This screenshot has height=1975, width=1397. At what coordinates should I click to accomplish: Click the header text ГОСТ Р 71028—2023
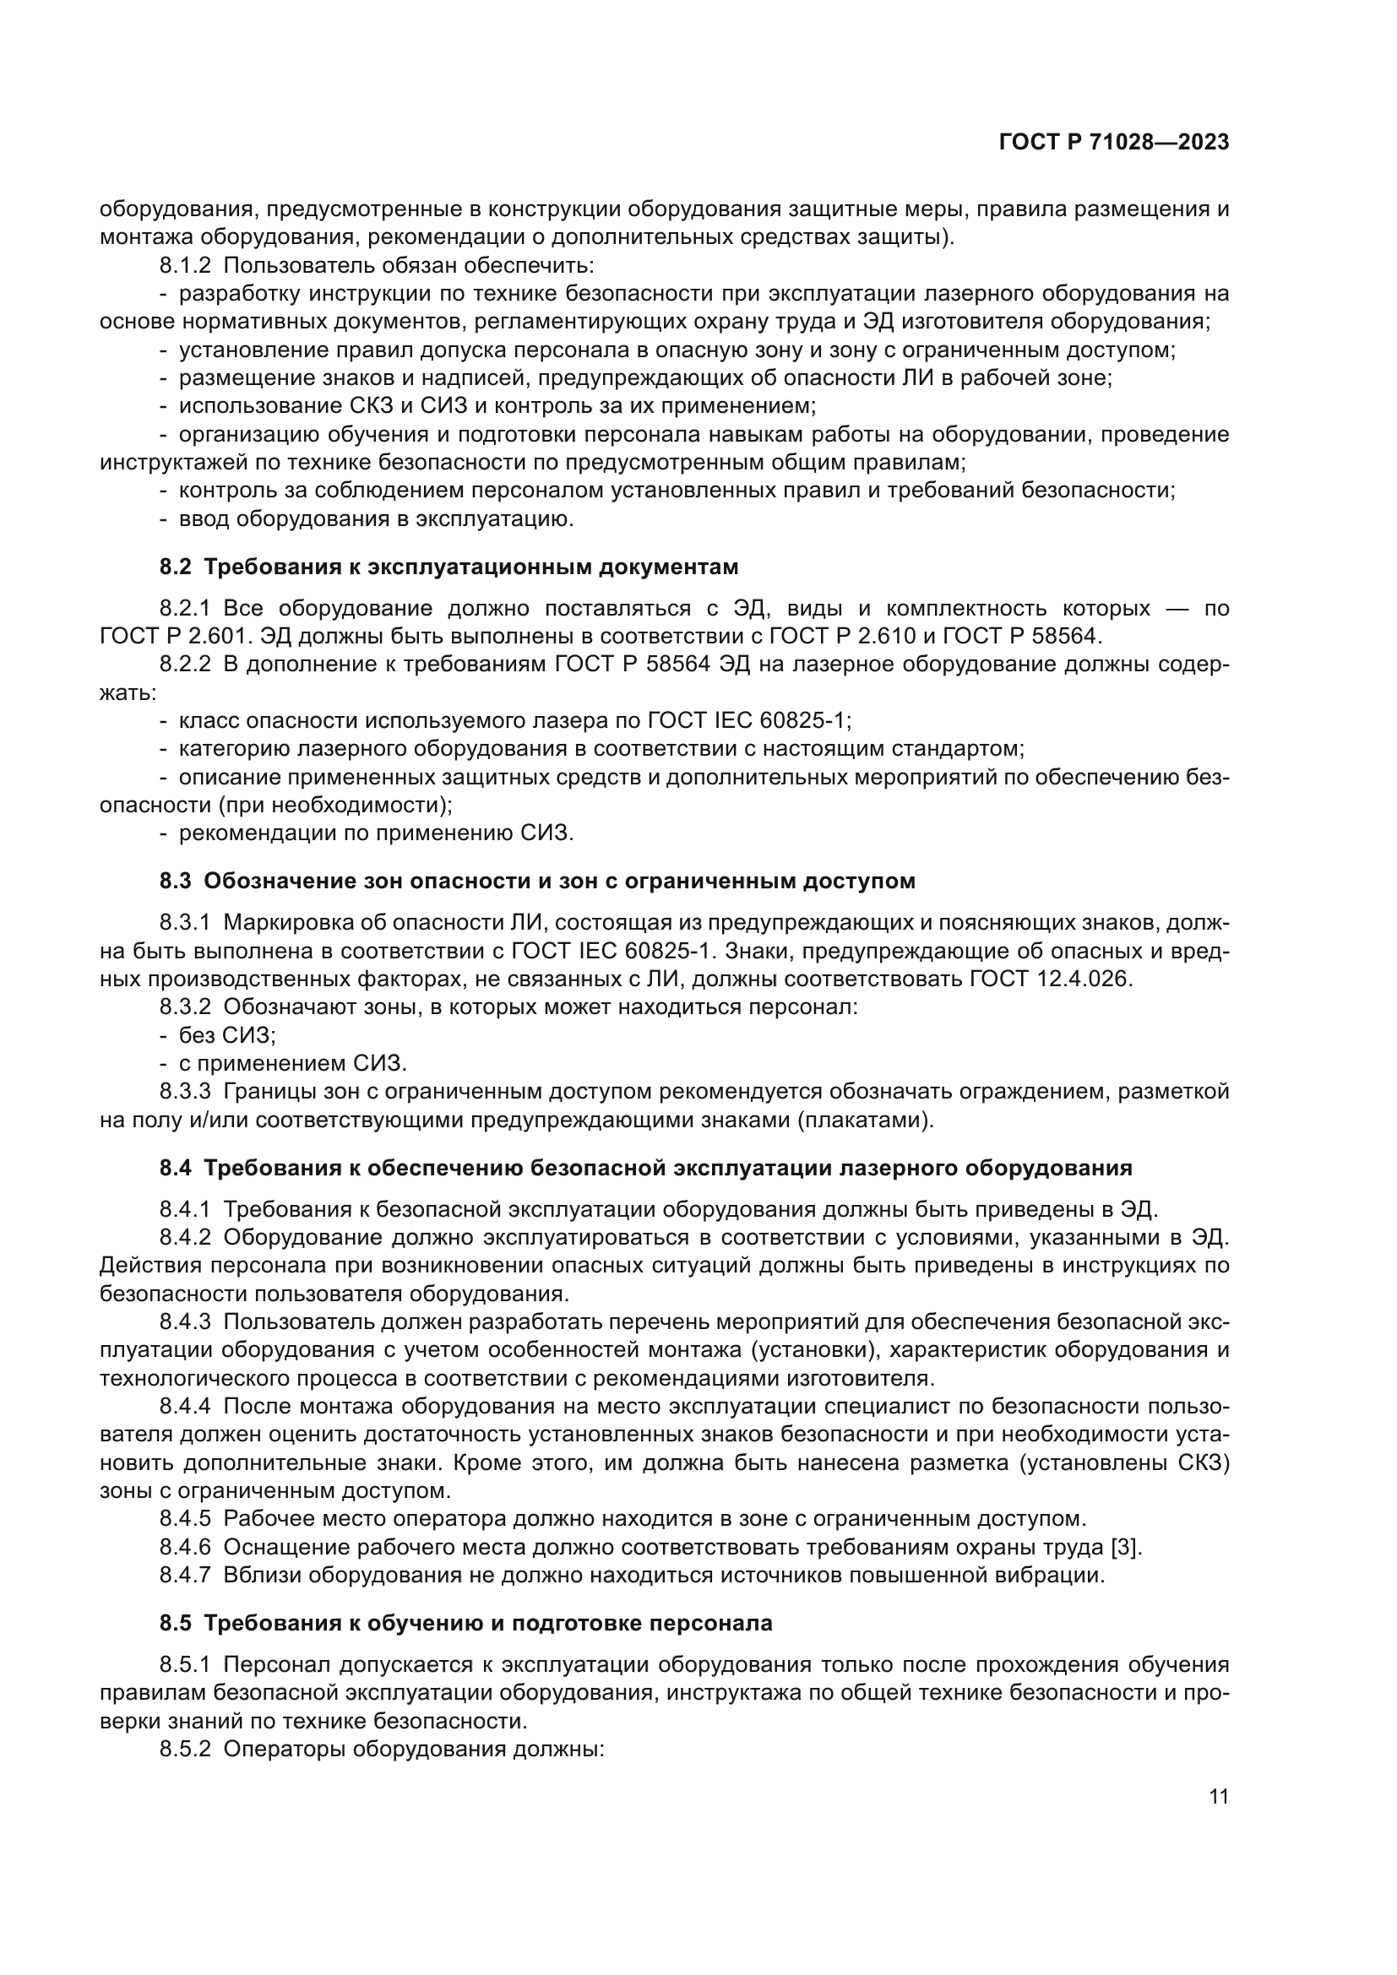coord(1113,143)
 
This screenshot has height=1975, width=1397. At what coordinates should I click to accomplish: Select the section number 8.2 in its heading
coord(177,567)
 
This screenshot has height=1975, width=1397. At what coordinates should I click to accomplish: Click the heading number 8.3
coord(177,881)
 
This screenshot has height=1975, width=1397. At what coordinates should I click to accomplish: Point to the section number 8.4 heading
coord(177,1168)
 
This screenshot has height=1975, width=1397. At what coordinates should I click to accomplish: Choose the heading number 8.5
coord(177,1623)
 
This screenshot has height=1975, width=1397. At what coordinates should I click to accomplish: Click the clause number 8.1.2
coord(185,266)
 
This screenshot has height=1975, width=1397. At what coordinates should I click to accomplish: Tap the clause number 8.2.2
coord(185,664)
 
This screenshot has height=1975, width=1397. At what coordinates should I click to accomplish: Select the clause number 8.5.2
coord(185,1750)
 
